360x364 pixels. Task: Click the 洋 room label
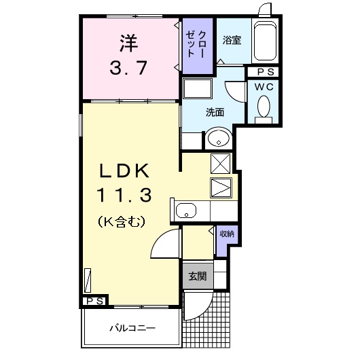(128, 44)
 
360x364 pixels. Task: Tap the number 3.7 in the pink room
(128, 68)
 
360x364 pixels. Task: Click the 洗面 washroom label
(215, 112)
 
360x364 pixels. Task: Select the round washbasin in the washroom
(217, 139)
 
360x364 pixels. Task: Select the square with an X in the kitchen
(221, 163)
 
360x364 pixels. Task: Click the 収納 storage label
(226, 234)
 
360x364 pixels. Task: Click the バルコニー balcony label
(132, 329)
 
